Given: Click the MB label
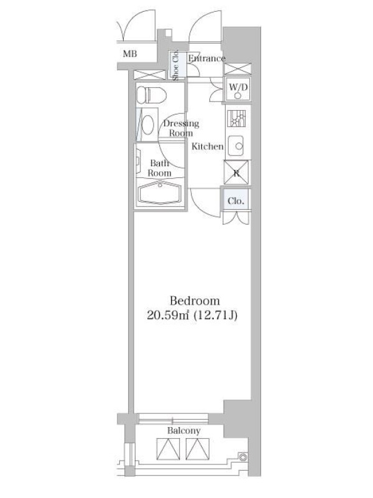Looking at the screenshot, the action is pos(130,54).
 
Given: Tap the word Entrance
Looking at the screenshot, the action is pos(206,59).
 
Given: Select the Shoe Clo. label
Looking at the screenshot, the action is pos(176,65).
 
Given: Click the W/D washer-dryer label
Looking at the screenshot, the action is pos(238,87).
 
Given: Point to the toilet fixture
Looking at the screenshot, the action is pos(151,95).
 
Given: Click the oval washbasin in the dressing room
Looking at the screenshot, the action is pos(147,125).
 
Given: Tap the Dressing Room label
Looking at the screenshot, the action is pos(181,128).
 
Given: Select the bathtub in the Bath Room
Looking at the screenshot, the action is pos(160,193).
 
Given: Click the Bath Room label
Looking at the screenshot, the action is pos(160,168).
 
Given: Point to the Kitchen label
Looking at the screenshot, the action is pos(208,146).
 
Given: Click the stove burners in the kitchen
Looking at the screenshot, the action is pos(236,119).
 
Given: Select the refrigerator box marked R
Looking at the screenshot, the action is pos(237,172).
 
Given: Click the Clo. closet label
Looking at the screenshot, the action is pos(236,200).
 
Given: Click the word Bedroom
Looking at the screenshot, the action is pos(195,301).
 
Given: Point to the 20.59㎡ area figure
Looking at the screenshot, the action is pos(168,316).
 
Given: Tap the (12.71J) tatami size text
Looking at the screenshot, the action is pos(215,316).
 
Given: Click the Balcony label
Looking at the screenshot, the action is pos(184,431).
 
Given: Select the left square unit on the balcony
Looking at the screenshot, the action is pos(168,449).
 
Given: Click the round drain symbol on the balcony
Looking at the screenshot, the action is pos(243,457).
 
